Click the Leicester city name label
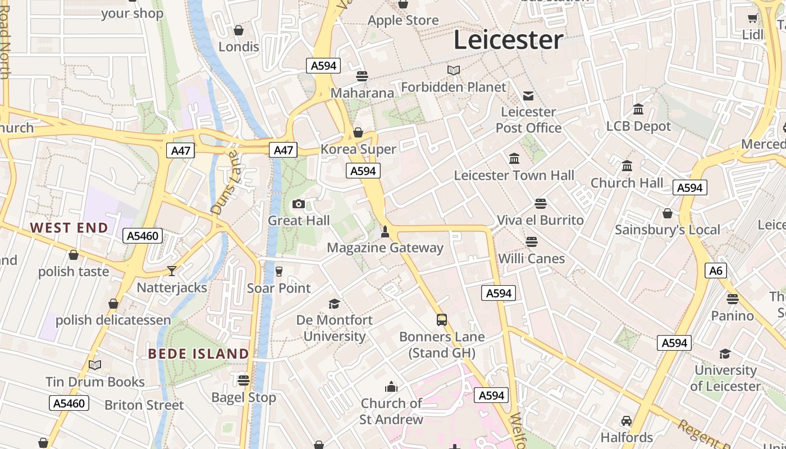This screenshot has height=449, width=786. click(x=508, y=40)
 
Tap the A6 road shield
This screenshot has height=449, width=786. click(x=716, y=271)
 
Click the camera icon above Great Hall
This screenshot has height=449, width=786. click(x=299, y=204)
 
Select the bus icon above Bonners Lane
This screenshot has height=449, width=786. click(x=442, y=320)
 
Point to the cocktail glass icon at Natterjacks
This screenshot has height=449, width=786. click(x=172, y=271)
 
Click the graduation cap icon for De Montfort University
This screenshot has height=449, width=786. click(x=334, y=304)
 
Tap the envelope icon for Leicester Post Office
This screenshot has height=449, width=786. click(x=528, y=95)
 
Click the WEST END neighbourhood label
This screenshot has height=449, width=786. click(x=69, y=228)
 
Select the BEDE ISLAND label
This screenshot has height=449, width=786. click(x=198, y=354)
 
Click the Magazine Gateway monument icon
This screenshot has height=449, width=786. click(x=385, y=231)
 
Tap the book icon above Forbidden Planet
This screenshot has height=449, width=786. click(x=454, y=70)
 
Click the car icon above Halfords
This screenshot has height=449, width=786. click(x=627, y=421)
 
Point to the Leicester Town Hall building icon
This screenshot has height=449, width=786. click(x=514, y=159)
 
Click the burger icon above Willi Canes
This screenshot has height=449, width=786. click(x=531, y=242)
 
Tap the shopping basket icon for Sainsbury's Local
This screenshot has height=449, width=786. click(x=667, y=213)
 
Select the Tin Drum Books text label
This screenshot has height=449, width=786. click(x=95, y=382)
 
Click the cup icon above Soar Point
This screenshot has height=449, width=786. click(x=278, y=272)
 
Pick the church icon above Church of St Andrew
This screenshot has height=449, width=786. click(x=391, y=387)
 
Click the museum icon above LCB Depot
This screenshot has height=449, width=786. click(x=638, y=109)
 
